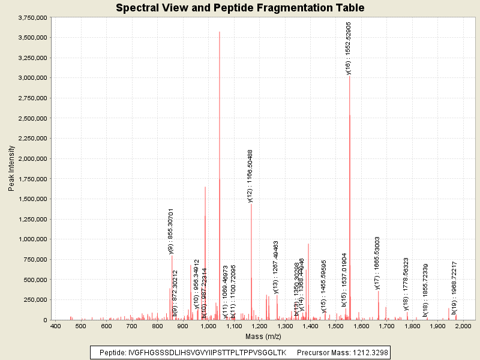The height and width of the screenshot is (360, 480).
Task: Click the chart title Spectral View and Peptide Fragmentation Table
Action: pyautogui.click(x=240, y=8)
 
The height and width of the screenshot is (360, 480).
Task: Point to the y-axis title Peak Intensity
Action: pyautogui.click(x=11, y=169)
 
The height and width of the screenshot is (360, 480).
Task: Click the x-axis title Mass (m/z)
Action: pyautogui.click(x=263, y=336)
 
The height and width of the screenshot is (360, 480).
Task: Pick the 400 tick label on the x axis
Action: pyautogui.click(x=56, y=326)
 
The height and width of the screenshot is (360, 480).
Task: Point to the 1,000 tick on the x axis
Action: pyautogui.click(x=209, y=326)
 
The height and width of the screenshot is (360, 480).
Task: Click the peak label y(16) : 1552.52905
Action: pyautogui.click(x=349, y=48)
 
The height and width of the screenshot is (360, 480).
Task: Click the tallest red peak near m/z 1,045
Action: pyautogui.click(x=220, y=32)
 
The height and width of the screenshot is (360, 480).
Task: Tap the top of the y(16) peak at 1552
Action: pyautogui.click(x=349, y=76)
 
